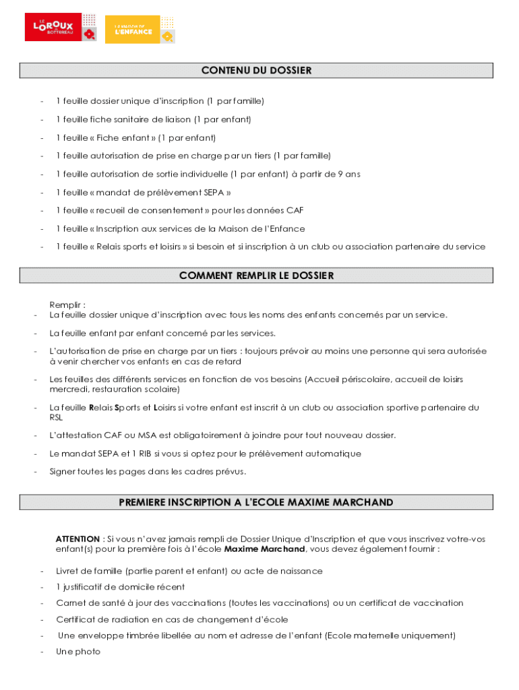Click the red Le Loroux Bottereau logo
click(x=61, y=27)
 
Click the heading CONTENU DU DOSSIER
click(x=256, y=71)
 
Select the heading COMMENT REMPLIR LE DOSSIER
click(x=256, y=276)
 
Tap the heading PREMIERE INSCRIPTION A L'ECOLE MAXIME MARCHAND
click(x=256, y=503)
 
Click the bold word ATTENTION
click(x=78, y=539)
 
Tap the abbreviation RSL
click(x=57, y=417)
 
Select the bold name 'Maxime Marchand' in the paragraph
click(x=264, y=549)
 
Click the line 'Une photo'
click(x=78, y=652)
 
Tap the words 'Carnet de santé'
click(x=89, y=603)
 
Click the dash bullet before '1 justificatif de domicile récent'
click(x=42, y=587)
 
